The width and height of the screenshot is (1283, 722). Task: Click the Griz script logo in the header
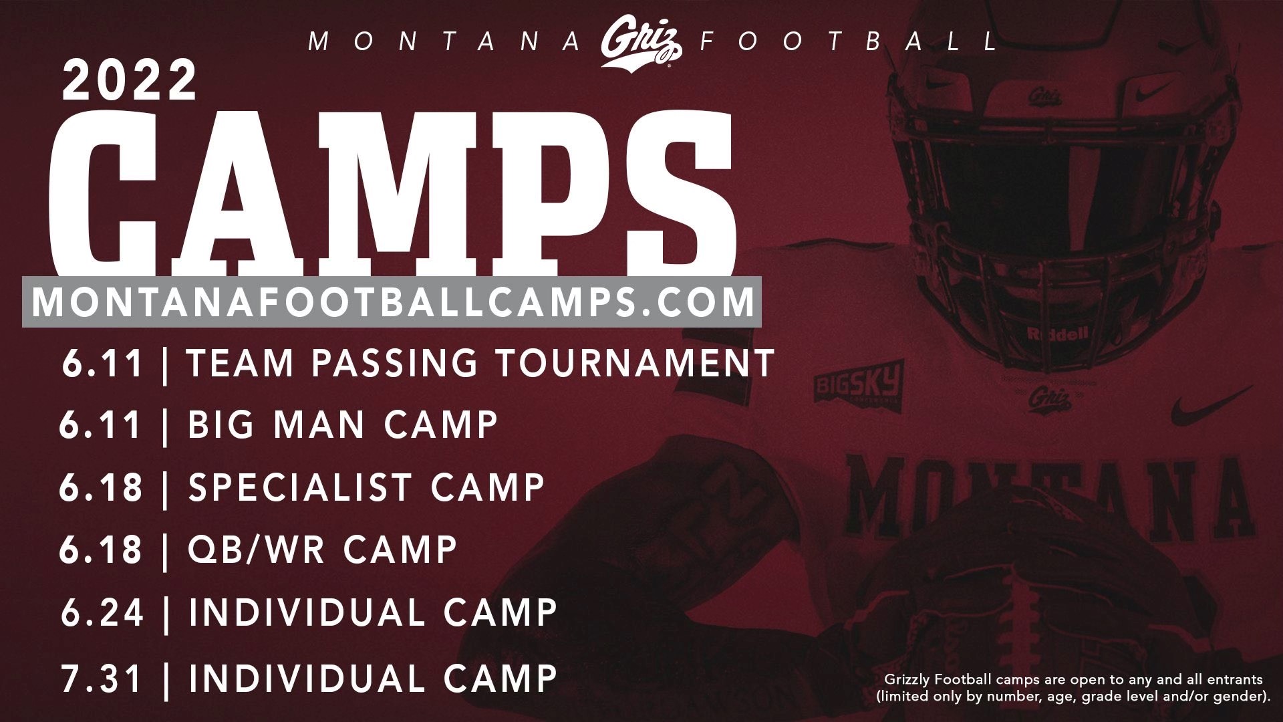640,43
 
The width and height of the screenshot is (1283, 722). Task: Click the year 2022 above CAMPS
130,80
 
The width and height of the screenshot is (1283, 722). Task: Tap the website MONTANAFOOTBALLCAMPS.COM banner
392,302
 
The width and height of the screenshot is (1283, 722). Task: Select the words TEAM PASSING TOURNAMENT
480,363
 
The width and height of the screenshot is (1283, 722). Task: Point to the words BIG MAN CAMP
343,425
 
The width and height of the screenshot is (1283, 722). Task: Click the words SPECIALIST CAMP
367,487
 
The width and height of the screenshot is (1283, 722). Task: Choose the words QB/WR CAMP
323,550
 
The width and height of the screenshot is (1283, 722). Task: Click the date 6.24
102,612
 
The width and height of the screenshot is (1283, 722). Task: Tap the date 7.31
102,678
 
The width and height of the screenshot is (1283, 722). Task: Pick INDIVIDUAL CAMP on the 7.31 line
373,678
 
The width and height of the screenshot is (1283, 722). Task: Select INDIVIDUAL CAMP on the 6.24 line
373,612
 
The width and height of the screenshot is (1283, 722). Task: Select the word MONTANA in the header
445,42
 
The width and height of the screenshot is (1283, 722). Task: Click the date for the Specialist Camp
101,487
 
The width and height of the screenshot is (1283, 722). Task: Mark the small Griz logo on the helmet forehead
1044,96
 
